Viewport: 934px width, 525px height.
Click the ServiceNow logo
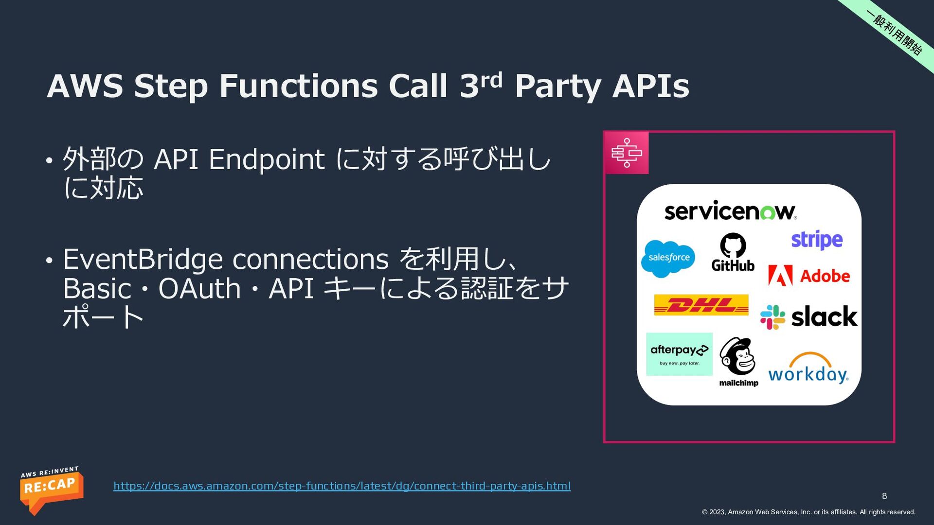[730, 211]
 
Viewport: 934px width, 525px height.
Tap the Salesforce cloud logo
[668, 258]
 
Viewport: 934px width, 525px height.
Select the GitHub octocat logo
[733, 252]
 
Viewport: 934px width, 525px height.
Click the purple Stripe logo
[817, 240]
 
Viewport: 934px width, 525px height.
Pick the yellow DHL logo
[701, 305]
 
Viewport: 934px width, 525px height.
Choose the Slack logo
[809, 317]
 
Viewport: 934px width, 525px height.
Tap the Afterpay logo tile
[679, 354]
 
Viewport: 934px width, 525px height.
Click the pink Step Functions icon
[627, 153]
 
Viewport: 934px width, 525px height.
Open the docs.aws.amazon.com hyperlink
[341, 486]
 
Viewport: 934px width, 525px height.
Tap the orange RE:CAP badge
[51, 489]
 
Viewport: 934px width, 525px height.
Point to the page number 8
[884, 496]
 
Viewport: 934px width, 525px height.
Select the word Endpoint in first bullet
[267, 159]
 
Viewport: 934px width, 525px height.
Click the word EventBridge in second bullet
[143, 259]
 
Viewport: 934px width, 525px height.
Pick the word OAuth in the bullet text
[199, 289]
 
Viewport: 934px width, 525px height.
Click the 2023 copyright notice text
[808, 512]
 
